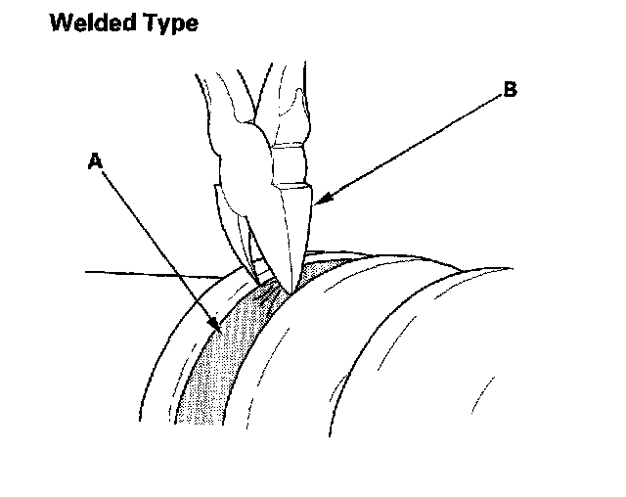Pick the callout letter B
[x=509, y=90]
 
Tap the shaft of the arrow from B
[x=411, y=147]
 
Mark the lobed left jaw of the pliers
[x=235, y=176]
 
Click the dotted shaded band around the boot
[x=220, y=362]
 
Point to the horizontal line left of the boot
[x=147, y=274]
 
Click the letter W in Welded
[x=60, y=23]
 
